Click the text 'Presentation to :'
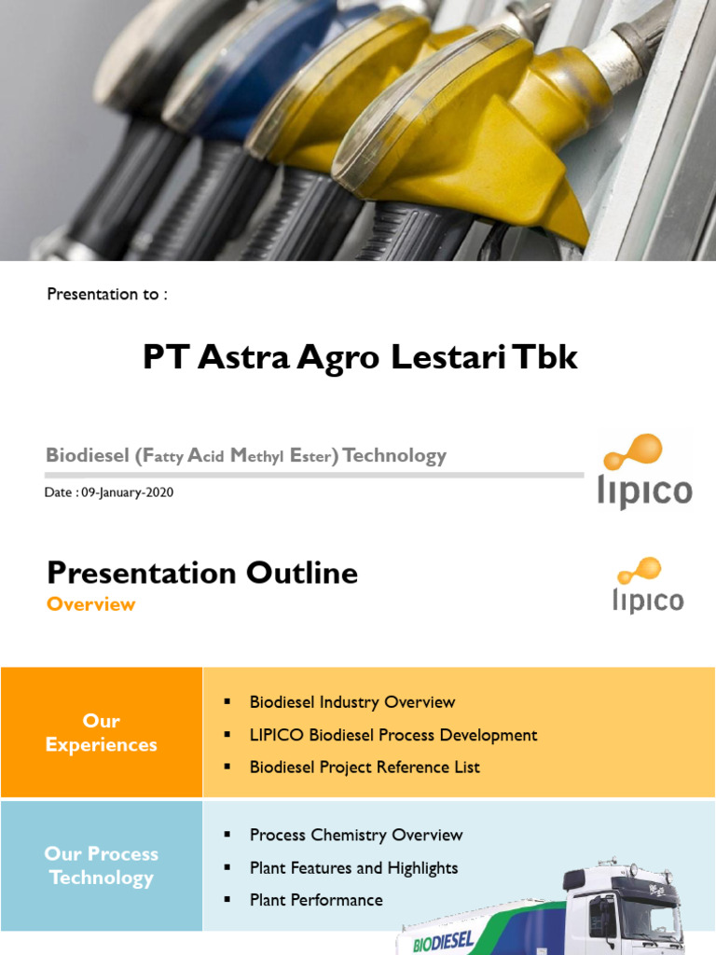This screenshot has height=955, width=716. tap(107, 295)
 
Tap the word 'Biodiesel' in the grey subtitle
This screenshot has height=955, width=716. tap(86, 456)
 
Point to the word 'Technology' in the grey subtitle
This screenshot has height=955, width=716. tap(394, 456)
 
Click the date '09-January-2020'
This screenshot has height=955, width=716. tap(127, 492)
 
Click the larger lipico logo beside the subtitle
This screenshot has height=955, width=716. tap(644, 471)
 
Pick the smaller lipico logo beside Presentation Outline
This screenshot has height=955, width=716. tap(647, 586)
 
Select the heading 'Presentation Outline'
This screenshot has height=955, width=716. tap(202, 573)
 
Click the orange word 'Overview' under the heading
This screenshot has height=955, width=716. tap(91, 604)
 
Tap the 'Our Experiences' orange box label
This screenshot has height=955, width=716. tap(101, 733)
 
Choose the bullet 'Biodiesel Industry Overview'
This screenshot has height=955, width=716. tap(351, 702)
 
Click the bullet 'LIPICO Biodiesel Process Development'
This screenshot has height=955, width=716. tap(392, 735)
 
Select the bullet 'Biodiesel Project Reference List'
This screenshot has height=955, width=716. tap(365, 768)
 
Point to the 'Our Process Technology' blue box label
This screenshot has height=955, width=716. tap(101, 865)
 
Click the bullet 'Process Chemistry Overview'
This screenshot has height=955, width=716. tap(355, 835)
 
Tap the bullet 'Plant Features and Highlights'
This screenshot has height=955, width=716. tap(353, 867)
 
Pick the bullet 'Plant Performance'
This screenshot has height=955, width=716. tap(316, 900)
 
